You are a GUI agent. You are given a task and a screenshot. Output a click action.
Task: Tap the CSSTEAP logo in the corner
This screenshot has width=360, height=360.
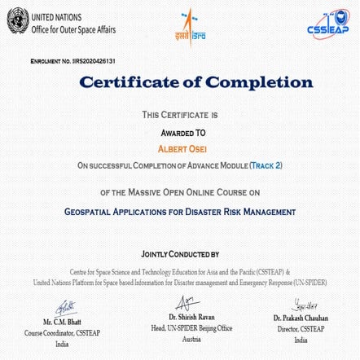(327, 23)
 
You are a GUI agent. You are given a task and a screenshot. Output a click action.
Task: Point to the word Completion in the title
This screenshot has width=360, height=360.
(259, 83)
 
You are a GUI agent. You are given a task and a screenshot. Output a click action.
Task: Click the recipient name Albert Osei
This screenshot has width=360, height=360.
(179, 148)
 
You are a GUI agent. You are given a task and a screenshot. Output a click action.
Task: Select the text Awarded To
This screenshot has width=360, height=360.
(179, 131)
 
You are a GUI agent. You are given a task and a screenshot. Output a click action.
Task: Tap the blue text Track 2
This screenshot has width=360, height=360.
(266, 165)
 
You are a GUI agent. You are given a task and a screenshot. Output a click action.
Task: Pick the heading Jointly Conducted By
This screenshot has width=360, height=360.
(179, 254)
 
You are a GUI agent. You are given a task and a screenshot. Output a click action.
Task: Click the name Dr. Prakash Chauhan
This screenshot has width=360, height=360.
(301, 318)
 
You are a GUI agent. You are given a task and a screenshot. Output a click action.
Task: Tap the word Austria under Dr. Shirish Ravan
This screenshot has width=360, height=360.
(191, 338)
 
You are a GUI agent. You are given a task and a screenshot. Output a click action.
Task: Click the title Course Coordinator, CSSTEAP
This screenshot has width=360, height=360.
(62, 332)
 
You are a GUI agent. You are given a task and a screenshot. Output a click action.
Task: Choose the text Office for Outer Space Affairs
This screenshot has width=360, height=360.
(73, 30)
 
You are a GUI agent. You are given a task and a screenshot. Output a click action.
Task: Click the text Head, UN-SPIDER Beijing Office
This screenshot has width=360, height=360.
(191, 327)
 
